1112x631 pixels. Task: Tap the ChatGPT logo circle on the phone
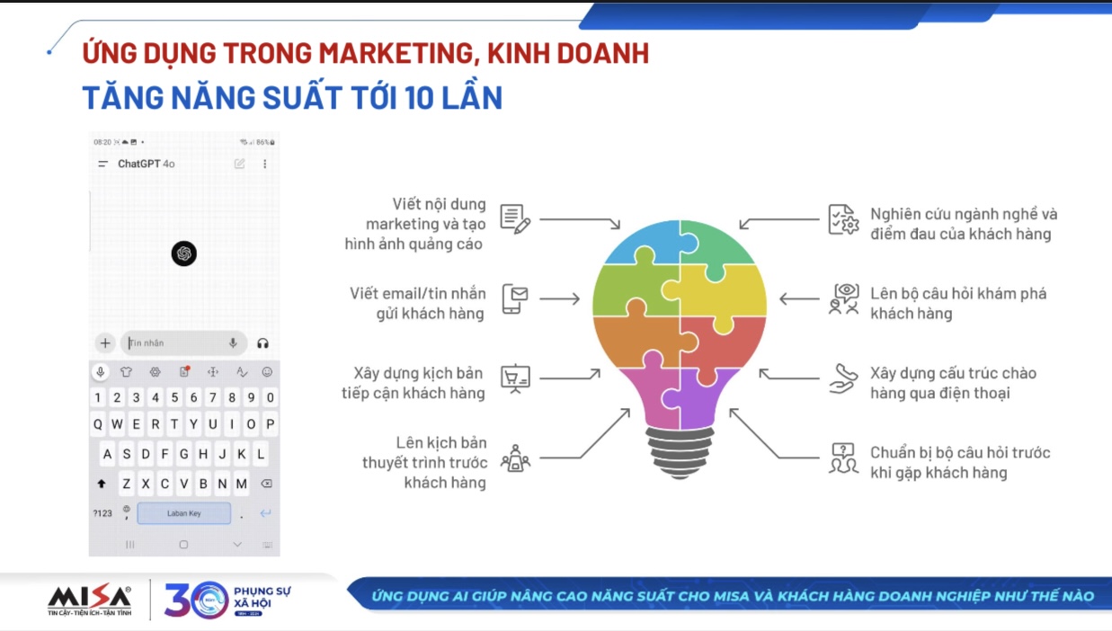tap(183, 253)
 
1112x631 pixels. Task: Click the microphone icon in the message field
tap(233, 342)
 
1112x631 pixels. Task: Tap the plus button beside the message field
tap(105, 343)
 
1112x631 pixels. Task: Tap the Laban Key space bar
tap(183, 513)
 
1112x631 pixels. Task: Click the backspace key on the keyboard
tap(266, 484)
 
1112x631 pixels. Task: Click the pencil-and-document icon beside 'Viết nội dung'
tap(515, 219)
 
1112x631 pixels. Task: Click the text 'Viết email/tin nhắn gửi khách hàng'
tap(418, 304)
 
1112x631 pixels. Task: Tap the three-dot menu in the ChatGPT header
tap(264, 164)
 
